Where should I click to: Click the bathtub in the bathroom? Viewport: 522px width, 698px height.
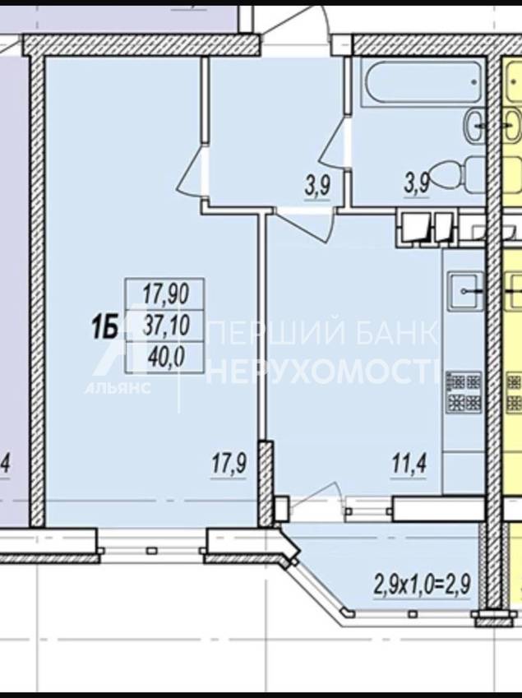422,82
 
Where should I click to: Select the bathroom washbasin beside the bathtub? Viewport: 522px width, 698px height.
476,126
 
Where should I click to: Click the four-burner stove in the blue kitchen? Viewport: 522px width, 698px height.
464,392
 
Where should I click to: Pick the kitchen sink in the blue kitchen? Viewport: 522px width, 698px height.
465,291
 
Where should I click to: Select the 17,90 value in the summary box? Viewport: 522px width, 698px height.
166,294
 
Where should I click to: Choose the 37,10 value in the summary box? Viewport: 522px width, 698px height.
166,325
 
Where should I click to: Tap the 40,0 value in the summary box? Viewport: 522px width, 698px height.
166,357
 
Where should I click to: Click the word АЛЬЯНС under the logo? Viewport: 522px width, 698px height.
118,388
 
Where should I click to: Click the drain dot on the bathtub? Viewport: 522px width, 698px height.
474,82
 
